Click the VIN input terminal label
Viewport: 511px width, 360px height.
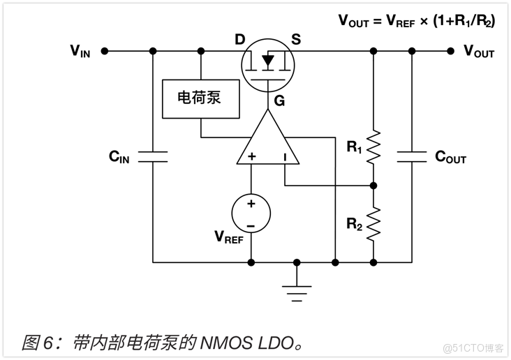[80, 51]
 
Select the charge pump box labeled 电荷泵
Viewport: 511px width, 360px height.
[200, 98]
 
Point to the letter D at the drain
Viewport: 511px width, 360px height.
[239, 39]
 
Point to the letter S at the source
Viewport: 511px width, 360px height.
[296, 39]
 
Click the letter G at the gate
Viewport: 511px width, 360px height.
[279, 101]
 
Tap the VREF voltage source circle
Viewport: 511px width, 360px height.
[251, 213]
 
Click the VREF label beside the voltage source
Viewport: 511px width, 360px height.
[229, 237]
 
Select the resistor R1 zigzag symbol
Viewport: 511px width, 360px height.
[373, 147]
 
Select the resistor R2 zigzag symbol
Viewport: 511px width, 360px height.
[373, 223]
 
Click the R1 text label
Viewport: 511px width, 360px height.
[355, 147]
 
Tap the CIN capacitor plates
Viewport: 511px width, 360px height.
[153, 156]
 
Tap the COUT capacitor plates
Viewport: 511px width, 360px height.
[411, 156]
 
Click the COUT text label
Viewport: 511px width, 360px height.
[450, 157]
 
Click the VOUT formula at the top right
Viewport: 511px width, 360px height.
[417, 20]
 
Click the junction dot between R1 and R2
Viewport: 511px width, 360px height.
[373, 186]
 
